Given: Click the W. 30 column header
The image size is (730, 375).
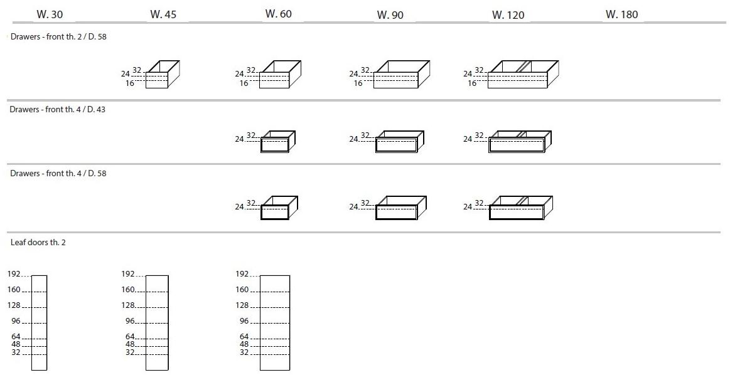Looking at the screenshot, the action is point(50,14).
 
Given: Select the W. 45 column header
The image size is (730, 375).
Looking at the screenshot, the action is point(163,14).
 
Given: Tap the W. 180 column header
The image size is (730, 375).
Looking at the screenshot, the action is point(621,14).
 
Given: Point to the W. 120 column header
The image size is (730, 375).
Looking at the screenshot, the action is point(508,15).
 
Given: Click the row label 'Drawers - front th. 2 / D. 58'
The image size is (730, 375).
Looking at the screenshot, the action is point(58,37).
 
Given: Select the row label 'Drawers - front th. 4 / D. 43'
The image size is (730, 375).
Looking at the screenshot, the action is point(57,109).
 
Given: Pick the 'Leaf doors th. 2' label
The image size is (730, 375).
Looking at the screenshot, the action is point(38,243).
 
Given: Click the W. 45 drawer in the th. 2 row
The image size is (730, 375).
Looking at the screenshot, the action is point(163,74).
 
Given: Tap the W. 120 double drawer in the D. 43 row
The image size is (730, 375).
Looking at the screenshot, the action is point(520,142).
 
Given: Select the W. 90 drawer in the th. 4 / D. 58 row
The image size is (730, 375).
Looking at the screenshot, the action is point(401,208).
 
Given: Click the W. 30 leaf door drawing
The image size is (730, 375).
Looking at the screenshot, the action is point(40,323).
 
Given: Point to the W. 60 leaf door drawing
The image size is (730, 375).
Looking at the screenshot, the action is point(275,323).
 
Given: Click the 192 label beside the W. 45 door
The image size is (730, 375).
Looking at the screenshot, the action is point(127,274).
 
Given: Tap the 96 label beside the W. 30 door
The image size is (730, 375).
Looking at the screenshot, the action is point(16,321).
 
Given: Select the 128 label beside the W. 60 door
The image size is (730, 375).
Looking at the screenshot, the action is point(242,305).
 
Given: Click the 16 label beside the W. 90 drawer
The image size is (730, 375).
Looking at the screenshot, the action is point(358,83).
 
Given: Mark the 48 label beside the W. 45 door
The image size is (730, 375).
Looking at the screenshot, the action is point(129,344).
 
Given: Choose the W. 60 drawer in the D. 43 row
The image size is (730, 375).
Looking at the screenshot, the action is point(278,142).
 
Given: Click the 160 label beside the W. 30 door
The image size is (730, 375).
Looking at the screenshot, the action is point(14,289).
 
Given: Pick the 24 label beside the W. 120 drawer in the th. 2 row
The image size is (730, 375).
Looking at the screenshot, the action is point(468,73).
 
